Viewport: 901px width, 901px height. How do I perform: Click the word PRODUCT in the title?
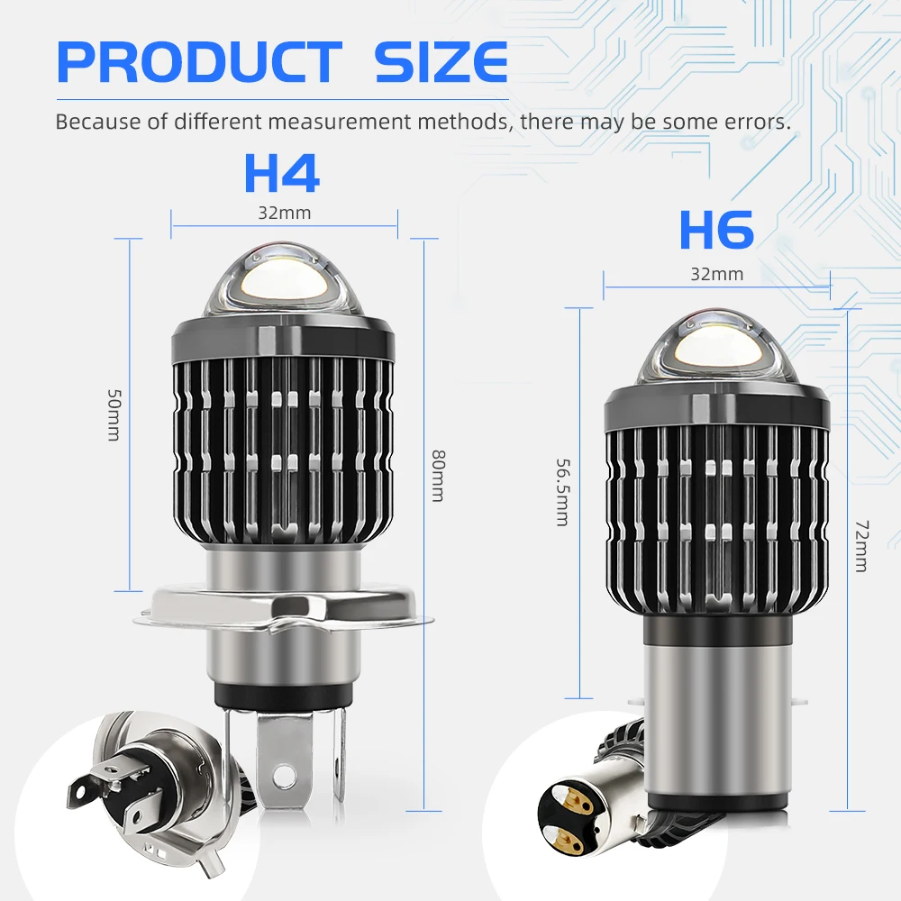coord(199,62)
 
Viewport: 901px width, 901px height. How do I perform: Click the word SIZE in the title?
coord(441,62)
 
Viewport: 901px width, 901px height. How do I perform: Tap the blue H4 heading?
coord(281,173)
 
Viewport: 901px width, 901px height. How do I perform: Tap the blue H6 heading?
coord(716,229)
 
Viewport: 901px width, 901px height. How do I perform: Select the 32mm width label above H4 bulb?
coord(285,214)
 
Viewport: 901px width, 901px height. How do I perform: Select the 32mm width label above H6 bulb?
coord(716,274)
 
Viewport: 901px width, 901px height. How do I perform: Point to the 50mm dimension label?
coord(114,414)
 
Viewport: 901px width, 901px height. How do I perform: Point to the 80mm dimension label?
coord(438,476)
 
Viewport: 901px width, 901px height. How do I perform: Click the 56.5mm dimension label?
coord(562,493)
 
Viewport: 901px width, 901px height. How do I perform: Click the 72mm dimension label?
coord(862,546)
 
